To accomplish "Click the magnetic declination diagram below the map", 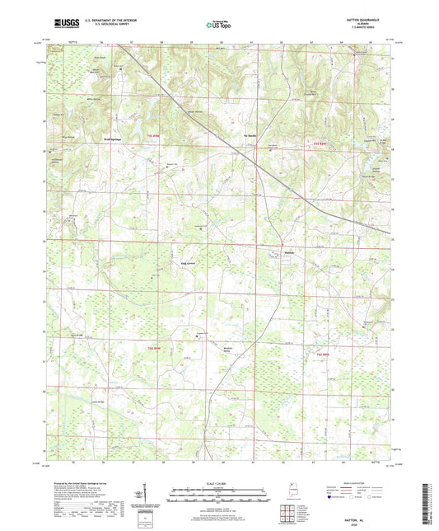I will [146, 497].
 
